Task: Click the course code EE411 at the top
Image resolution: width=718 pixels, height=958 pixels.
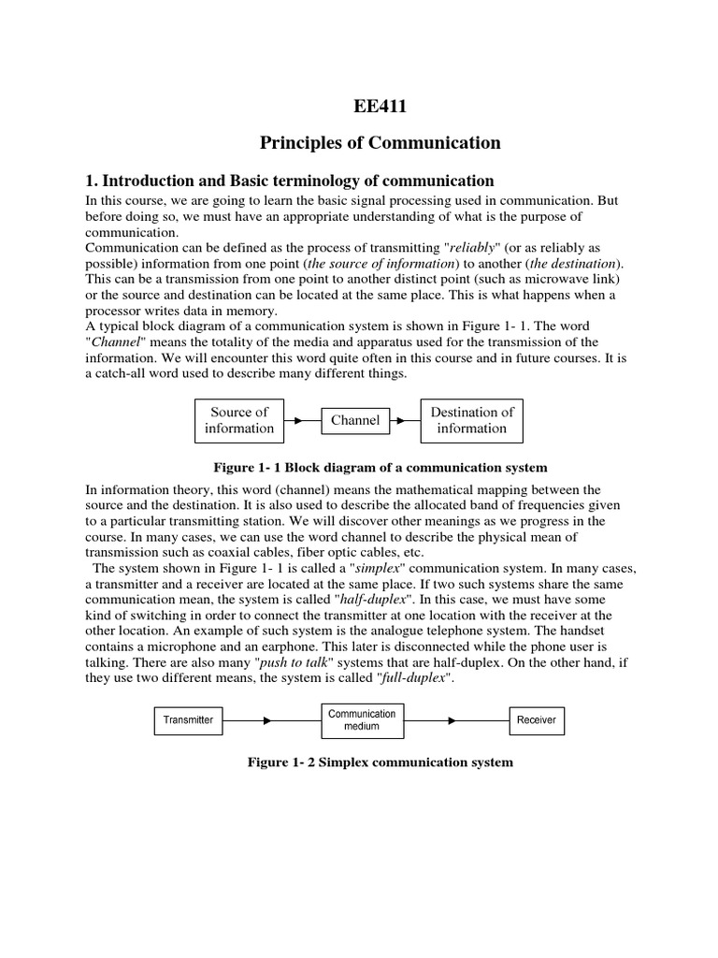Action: coord(380,107)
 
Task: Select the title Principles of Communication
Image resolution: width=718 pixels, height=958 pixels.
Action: coord(380,143)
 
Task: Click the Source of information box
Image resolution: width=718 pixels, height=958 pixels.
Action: coord(239,420)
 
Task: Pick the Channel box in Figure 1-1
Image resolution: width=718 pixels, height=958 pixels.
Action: coord(355,420)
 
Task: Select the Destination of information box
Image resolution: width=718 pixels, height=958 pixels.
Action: coord(471,420)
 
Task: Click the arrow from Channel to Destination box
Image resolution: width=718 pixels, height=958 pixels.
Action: coord(404,420)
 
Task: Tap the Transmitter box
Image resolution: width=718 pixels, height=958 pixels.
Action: coord(189,720)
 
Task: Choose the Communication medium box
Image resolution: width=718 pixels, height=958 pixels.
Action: coord(362,720)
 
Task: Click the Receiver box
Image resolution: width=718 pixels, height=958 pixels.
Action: coord(536,720)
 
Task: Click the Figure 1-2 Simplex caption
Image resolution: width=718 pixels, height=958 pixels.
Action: coord(380,762)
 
